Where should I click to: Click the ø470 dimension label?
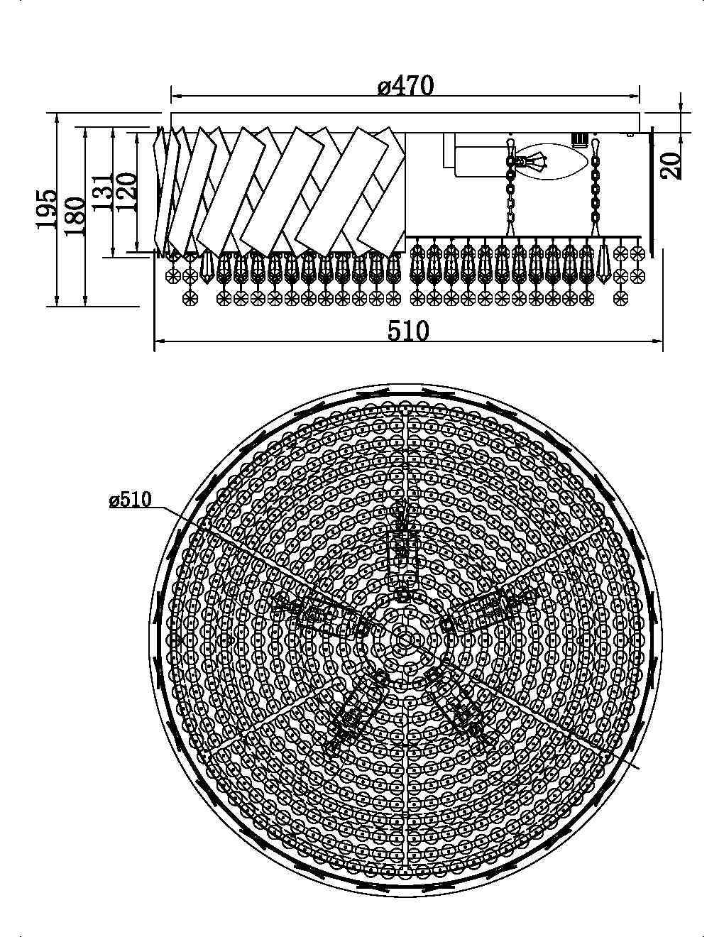point(405,86)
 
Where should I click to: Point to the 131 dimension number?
point(102,190)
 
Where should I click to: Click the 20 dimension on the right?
point(671,165)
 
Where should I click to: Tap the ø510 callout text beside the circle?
point(130,500)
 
